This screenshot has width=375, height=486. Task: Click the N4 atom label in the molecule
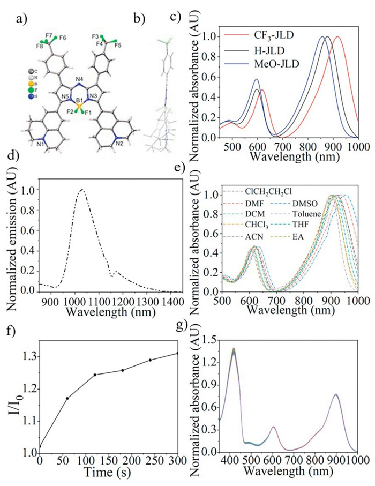(80, 81)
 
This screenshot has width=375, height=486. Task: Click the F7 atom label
(49, 35)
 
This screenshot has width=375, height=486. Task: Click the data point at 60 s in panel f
(67, 398)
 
